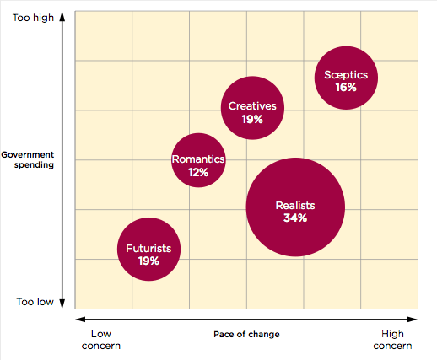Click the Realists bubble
point(295,207)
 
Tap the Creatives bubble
point(252,107)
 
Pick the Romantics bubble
point(198,159)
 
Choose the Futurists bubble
point(148,250)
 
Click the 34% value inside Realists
point(295,218)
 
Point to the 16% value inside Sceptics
point(346,88)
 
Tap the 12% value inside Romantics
point(198,171)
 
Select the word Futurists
point(148,249)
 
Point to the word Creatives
point(252,106)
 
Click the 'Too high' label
point(32,17)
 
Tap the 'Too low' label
point(34,301)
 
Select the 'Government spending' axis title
point(27,160)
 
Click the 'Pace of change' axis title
point(246,335)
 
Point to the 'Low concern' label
point(100,340)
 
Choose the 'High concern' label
point(392,340)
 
